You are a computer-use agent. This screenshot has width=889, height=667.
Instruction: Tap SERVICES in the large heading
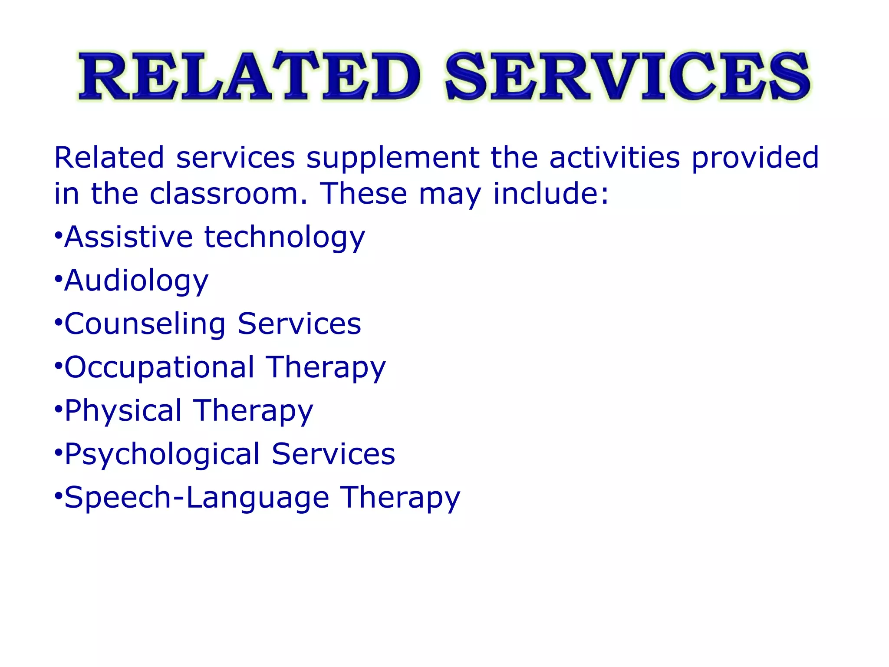pos(627,76)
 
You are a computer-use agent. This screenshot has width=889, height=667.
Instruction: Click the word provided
pos(755,158)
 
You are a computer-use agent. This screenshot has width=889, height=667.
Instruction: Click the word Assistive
pos(128,237)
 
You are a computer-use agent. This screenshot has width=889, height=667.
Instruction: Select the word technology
pos(285,238)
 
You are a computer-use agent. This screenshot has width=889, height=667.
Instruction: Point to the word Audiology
pos(136,281)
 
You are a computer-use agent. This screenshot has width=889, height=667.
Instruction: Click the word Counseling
pos(145,324)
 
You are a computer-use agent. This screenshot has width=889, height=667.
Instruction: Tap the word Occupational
pos(159,368)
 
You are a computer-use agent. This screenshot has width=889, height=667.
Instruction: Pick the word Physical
pos(123,411)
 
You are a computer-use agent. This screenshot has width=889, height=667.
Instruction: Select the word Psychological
pos(162,455)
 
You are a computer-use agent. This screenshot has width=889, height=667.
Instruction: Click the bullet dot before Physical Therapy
pos(58,409)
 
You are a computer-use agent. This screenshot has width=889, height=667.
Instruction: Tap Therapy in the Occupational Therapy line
pos(326,368)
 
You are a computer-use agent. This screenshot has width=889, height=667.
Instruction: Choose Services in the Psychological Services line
pos(333,454)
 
